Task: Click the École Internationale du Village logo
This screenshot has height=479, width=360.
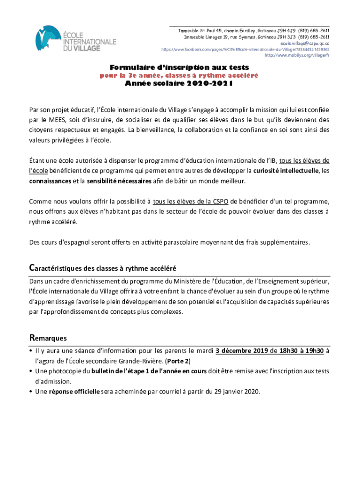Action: point(76,39)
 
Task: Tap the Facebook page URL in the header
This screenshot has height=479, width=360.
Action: point(245,49)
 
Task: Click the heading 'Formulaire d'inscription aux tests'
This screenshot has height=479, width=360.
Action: point(179,67)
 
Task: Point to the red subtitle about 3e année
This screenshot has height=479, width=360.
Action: point(179,75)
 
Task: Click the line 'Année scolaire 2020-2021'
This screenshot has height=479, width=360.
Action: point(179,84)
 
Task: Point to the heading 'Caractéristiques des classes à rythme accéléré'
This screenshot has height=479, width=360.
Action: point(102,268)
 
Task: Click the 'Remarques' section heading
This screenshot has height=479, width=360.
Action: point(48,337)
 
